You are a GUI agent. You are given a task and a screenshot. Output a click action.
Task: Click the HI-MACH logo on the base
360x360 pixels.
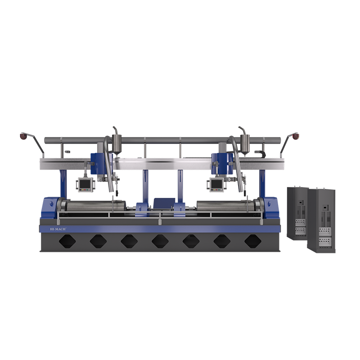click(58, 229)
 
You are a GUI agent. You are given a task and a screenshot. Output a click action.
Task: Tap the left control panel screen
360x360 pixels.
click(83, 183)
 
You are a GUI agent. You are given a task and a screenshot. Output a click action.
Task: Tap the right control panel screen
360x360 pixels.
click(216, 184)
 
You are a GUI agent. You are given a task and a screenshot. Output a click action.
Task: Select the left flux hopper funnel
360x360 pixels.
click(117, 144)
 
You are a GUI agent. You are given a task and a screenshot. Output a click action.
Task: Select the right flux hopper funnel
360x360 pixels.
click(245, 144)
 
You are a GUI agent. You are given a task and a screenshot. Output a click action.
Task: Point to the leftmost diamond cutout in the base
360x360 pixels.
click(67, 241)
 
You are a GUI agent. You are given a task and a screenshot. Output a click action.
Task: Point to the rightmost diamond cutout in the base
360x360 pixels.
click(253, 241)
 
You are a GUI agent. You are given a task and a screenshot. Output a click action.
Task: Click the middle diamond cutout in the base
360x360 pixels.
click(160, 241)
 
